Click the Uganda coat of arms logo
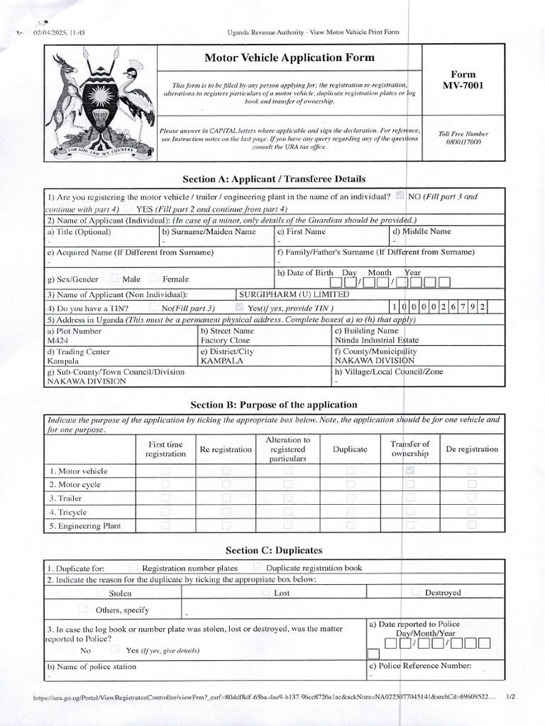tap(99, 104)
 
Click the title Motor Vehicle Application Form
tap(290, 57)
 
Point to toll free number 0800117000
tap(463, 142)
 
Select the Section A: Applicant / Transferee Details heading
tap(274, 179)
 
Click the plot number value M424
tap(58, 340)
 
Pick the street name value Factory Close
tap(225, 340)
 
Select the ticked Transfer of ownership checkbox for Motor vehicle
tap(410, 471)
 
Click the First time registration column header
tap(166, 449)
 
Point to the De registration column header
tap(471, 449)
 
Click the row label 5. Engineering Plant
tap(85, 526)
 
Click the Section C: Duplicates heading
tap(274, 550)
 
